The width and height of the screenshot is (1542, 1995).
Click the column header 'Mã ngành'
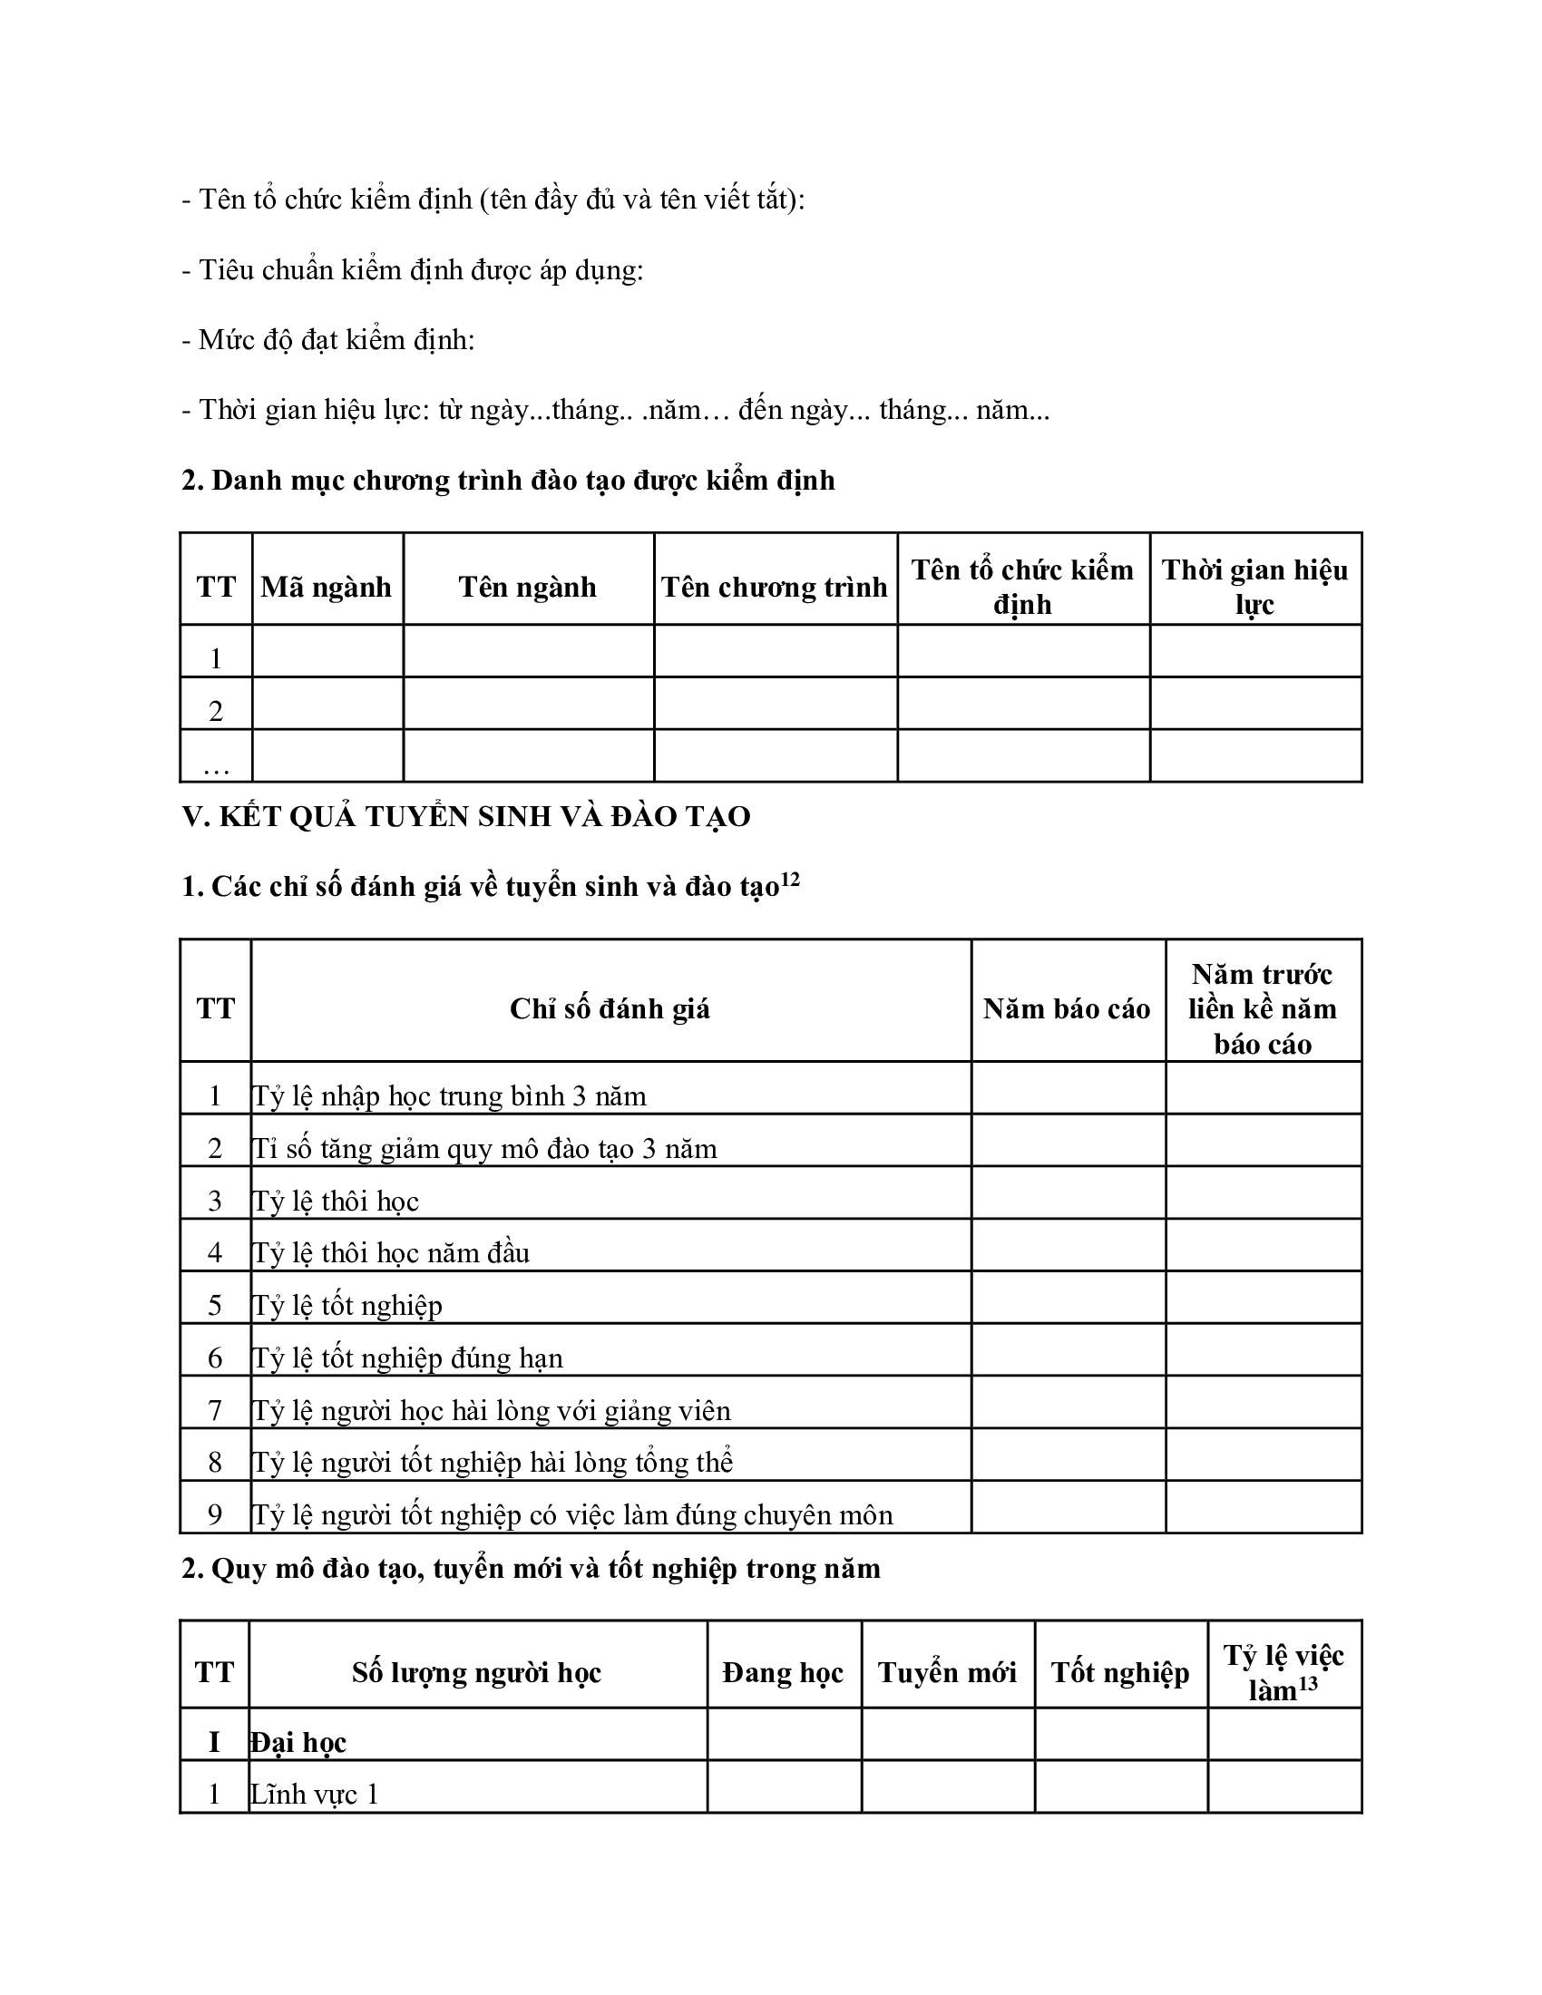tap(327, 587)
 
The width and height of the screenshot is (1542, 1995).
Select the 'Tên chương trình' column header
tap(774, 587)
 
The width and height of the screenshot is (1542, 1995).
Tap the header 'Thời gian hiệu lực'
tap(1254, 587)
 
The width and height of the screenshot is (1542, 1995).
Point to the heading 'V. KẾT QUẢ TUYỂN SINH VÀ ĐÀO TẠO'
tap(466, 816)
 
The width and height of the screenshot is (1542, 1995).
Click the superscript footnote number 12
tap(790, 880)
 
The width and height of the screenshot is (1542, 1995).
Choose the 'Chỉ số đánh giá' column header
tap(610, 1008)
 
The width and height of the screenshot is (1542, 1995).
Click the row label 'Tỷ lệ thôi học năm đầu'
tap(391, 1252)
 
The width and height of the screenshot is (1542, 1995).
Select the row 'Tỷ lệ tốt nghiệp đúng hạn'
tap(407, 1358)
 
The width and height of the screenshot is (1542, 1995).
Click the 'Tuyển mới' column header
tap(946, 1672)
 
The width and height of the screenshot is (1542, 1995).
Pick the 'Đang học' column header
tap(783, 1672)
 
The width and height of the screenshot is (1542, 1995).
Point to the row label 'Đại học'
tap(298, 1742)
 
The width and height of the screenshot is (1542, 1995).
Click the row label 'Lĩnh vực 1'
tap(315, 1794)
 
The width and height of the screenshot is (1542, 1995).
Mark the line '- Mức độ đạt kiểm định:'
tap(328, 340)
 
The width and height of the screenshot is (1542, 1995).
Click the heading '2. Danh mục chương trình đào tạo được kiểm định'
tap(508, 481)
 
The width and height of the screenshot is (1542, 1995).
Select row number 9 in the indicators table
tap(216, 1515)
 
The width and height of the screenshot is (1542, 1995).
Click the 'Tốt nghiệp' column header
tap(1120, 1672)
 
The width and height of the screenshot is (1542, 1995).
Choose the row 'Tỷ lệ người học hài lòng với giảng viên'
tap(492, 1410)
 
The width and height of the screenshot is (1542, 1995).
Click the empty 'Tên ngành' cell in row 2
tap(528, 704)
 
